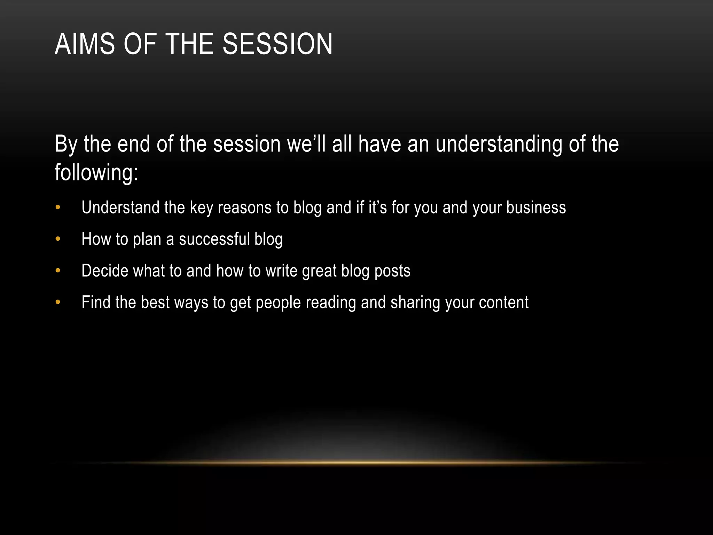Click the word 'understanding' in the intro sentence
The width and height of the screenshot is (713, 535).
(499, 144)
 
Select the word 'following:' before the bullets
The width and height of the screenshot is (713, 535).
(96, 172)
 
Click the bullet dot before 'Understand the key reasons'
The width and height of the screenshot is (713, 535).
(58, 208)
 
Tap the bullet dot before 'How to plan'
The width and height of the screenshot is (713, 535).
(58, 239)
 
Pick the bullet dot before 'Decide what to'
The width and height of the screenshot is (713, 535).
(58, 271)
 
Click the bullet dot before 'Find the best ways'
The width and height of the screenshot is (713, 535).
(58, 302)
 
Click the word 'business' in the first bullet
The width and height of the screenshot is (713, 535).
(536, 208)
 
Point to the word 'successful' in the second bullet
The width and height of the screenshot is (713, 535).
(214, 239)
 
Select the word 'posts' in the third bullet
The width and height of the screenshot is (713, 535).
(392, 271)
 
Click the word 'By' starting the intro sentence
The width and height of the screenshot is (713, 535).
(66, 145)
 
